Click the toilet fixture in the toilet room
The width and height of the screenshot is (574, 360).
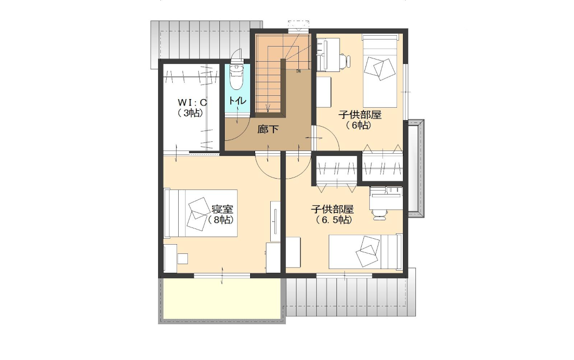(236, 77)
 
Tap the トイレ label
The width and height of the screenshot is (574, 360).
(237, 100)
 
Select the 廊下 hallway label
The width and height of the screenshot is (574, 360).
(268, 129)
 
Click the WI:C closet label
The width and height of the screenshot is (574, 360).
(193, 102)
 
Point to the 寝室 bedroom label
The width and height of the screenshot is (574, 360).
(222, 210)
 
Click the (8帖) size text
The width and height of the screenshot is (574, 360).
(221, 220)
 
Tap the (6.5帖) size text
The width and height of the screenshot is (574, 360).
(334, 220)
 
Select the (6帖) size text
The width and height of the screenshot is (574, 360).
(358, 125)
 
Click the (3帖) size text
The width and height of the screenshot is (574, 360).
(191, 113)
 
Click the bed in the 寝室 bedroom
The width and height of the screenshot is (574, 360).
(200, 213)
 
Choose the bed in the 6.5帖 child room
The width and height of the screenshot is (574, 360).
(366, 251)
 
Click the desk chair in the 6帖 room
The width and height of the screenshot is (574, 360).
(345, 61)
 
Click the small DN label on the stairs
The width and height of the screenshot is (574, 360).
(298, 71)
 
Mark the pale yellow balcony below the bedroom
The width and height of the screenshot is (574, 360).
(222, 298)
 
